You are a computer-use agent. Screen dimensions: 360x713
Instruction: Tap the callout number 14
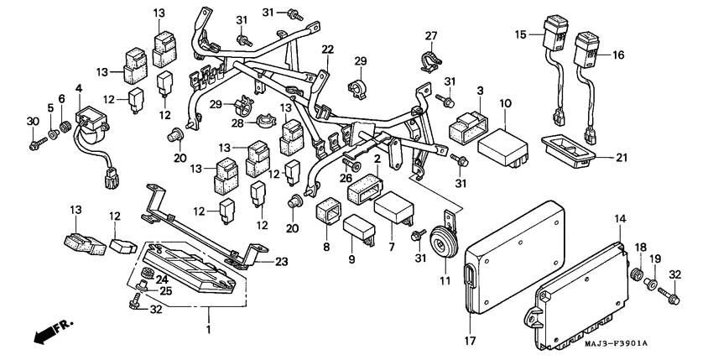pos(621,219)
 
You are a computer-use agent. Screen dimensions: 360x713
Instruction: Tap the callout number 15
pos(520,34)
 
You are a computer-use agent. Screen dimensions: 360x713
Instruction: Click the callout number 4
pos(79,88)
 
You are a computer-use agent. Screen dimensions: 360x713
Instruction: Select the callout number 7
pos(392,248)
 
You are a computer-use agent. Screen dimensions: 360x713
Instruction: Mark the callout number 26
pos(345,177)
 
